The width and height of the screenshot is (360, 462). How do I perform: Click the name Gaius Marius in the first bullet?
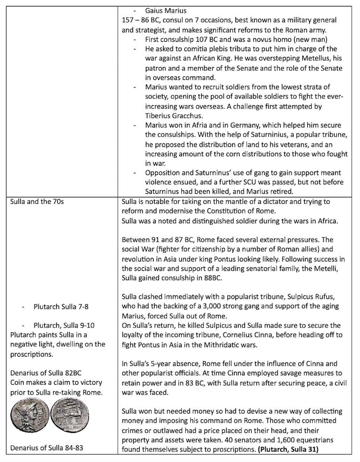(x=165, y=10)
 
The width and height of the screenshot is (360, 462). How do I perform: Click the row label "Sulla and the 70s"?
(x=37, y=201)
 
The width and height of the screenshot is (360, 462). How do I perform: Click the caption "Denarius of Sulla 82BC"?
(x=46, y=374)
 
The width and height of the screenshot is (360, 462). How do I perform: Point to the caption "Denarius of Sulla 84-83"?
(x=48, y=449)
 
